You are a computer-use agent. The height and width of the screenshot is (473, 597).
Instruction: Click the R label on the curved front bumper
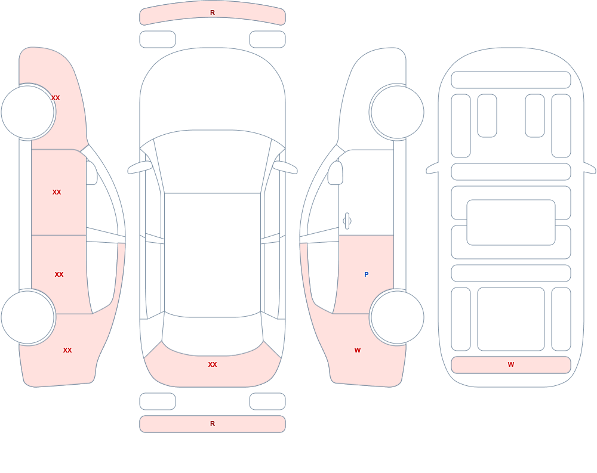click(213, 13)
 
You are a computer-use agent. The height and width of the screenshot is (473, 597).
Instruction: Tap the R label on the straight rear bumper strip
click(213, 423)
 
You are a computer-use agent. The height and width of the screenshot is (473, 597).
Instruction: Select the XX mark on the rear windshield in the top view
click(213, 364)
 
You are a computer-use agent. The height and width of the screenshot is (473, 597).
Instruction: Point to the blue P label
click(367, 274)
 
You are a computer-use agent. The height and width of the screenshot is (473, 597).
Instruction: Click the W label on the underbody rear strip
click(511, 364)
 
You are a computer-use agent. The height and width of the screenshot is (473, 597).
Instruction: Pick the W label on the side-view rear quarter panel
click(358, 350)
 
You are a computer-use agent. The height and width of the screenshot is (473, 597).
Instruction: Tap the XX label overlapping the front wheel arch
click(56, 98)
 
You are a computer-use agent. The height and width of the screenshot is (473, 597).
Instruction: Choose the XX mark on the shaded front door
click(57, 192)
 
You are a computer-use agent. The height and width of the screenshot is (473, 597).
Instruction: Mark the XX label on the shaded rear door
click(59, 274)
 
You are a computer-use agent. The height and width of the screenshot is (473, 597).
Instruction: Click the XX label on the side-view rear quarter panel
click(67, 350)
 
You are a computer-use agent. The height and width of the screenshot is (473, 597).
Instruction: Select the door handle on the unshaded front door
click(347, 221)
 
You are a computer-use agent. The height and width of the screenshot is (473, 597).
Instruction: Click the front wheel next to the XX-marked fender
click(28, 112)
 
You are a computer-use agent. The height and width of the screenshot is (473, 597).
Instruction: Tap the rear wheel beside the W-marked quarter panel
click(397, 317)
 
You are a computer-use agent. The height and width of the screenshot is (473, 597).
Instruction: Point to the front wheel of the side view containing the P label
click(397, 112)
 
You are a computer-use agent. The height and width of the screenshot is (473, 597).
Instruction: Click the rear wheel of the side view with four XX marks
click(28, 317)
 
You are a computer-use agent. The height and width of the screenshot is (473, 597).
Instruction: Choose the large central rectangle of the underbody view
click(511, 222)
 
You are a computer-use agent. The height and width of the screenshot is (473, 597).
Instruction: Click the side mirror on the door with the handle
click(335, 173)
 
